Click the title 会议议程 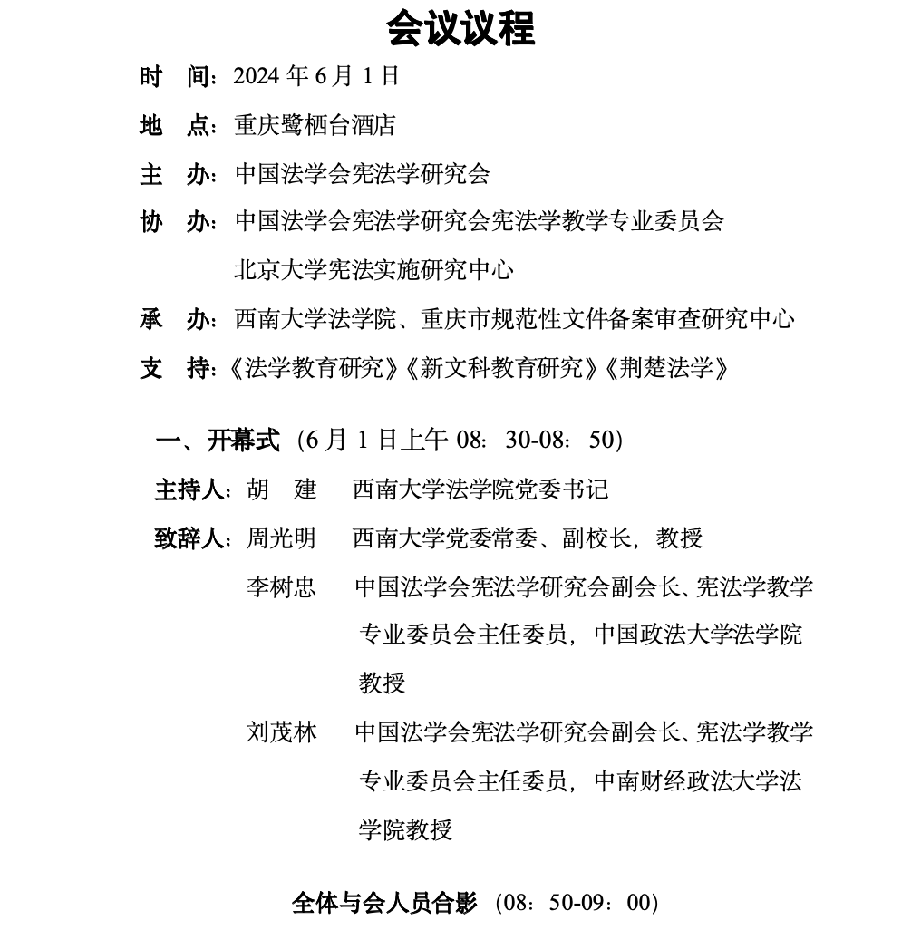tap(460, 28)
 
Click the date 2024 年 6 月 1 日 tap(316, 76)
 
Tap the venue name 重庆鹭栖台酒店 tap(315, 125)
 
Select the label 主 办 tap(176, 174)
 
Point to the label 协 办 tap(176, 222)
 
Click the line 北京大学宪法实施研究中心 tap(373, 270)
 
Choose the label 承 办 tap(176, 319)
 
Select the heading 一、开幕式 tap(218, 441)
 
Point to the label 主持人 tap(192, 490)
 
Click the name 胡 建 tap(282, 490)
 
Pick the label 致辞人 tap(192, 539)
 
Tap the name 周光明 tap(282, 539)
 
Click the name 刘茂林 tap(282, 732)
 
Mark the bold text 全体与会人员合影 tap(384, 903)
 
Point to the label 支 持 tap(176, 369)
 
